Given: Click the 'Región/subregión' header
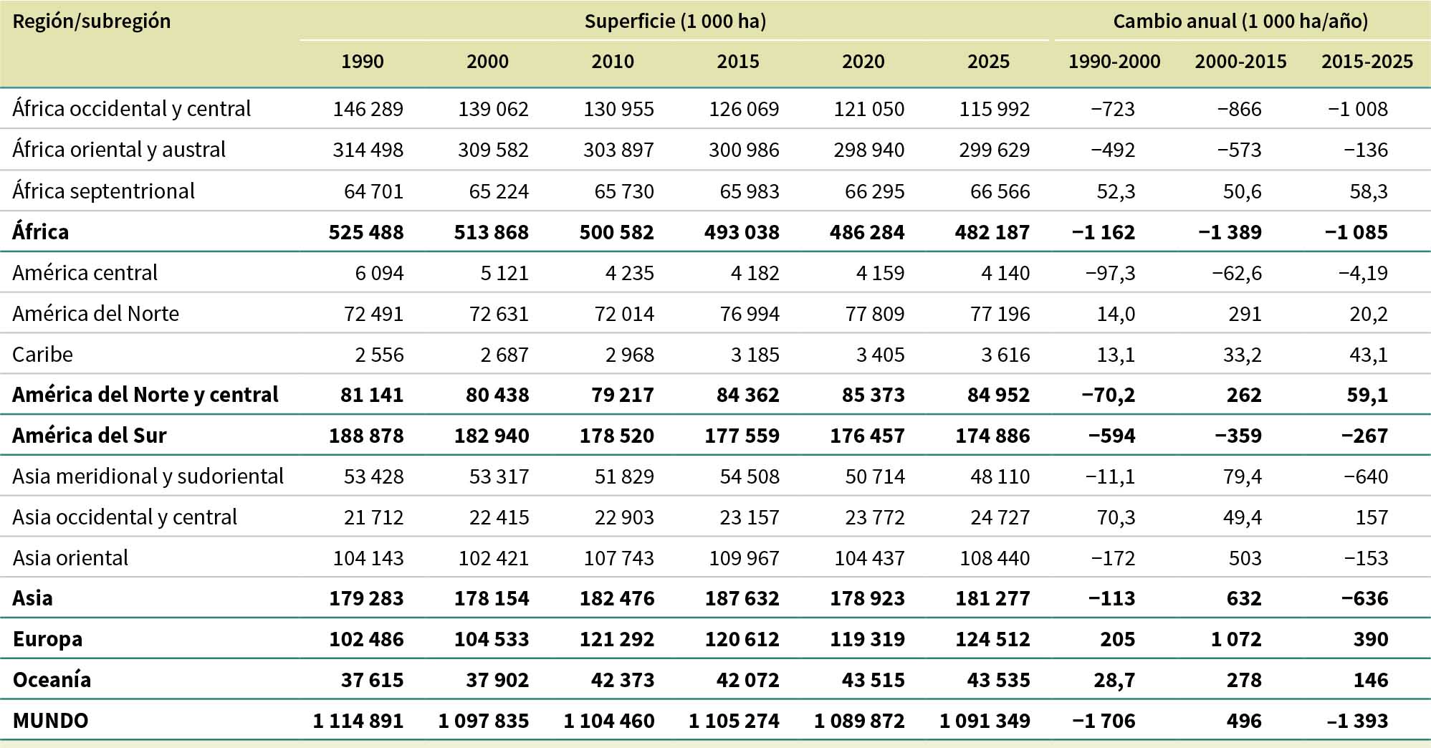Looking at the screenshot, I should (92, 21).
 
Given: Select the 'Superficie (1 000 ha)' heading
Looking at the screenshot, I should (675, 21).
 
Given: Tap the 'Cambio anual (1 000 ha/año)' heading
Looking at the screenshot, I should (1240, 21).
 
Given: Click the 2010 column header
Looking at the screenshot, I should (613, 62).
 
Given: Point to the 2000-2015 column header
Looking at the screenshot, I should (1240, 62).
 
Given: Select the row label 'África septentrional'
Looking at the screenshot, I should (104, 191).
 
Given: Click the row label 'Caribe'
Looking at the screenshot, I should (43, 355).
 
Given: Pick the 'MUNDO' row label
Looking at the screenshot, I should (51, 721).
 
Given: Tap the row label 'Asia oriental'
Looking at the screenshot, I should (71, 558).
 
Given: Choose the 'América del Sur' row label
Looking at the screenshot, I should (90, 436).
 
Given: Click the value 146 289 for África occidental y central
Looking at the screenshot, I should (368, 109).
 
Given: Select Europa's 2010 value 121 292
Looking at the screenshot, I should (617, 639).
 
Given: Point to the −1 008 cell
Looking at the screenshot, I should (1358, 109).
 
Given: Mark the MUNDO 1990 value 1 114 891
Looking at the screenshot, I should (358, 721).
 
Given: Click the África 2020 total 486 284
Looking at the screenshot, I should (867, 232).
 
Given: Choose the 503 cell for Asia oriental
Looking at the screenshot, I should (1245, 558).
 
